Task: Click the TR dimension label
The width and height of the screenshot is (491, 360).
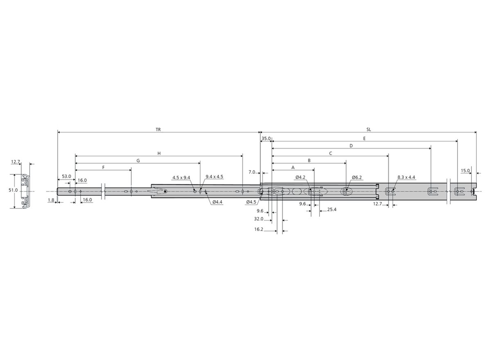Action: coord(158,130)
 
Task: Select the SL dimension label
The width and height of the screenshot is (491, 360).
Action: coord(369,130)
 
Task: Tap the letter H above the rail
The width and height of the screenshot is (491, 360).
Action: coord(159,153)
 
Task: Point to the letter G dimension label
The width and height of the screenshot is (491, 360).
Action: coord(138,161)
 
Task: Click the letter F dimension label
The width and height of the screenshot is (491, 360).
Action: coord(104,167)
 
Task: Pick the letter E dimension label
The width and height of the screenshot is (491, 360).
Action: coord(364,139)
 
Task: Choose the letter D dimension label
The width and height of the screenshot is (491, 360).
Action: coord(351,146)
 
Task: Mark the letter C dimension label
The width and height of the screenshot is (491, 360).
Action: coord(331,153)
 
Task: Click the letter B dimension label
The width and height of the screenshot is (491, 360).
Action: coord(309,160)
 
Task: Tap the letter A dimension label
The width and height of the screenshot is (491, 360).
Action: coord(293,167)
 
